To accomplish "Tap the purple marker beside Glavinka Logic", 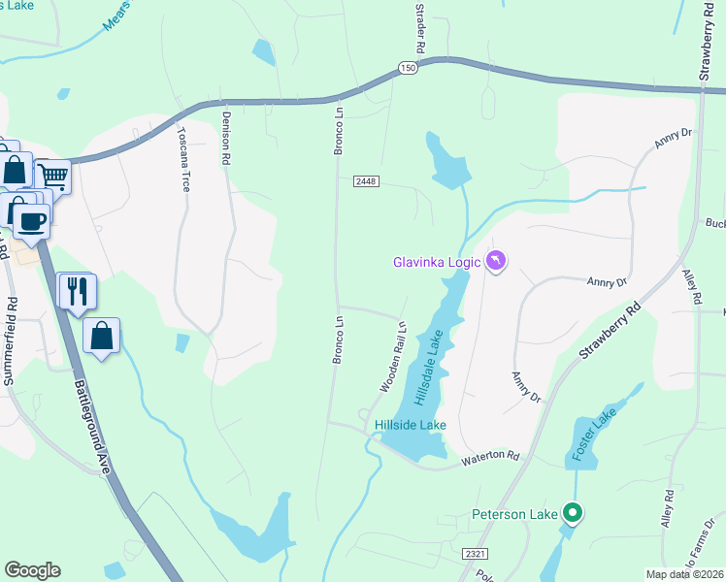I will pyautogui.click(x=496, y=262).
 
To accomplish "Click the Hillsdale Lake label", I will pyautogui.click(x=429, y=368).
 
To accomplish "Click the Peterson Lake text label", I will pyautogui.click(x=514, y=513).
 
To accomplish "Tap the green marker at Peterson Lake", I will pyautogui.click(x=573, y=512).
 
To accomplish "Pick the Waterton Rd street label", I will pyautogui.click(x=490, y=456).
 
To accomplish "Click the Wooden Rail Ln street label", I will pyautogui.click(x=391, y=357).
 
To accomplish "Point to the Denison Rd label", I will pyautogui.click(x=225, y=136).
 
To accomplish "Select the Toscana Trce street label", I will pyautogui.click(x=181, y=159).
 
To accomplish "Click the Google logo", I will pyautogui.click(x=33, y=570).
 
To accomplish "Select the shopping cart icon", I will pyautogui.click(x=52, y=177).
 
